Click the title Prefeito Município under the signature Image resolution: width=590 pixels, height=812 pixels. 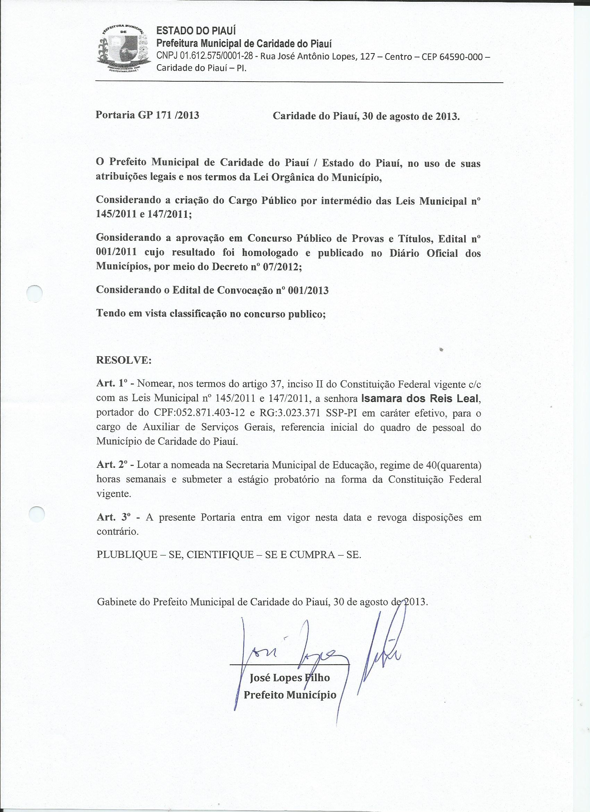click(290, 695)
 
